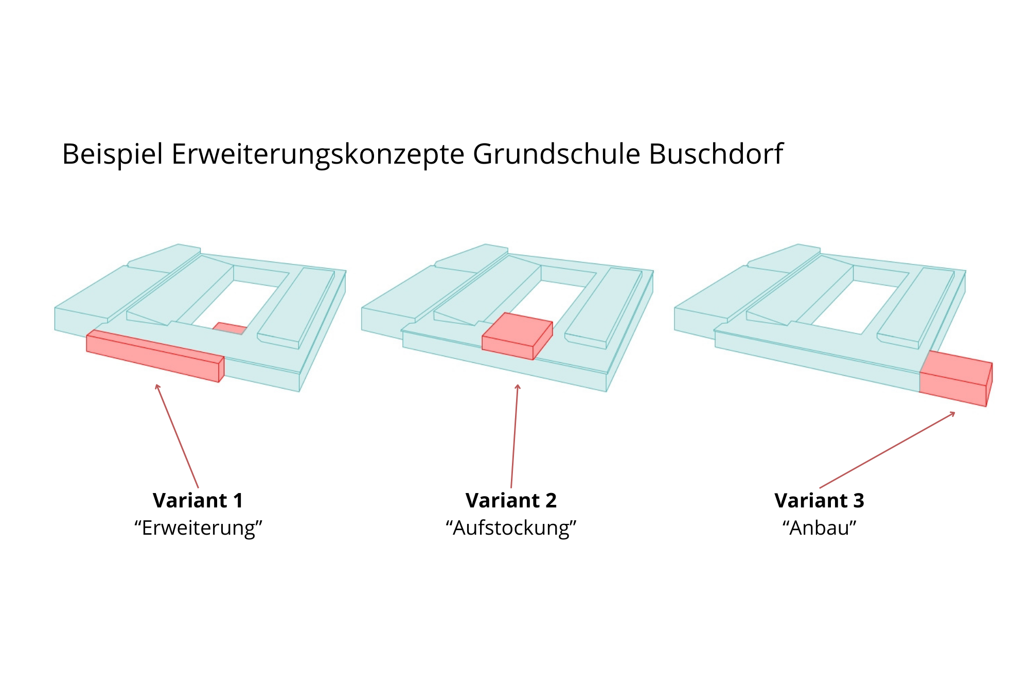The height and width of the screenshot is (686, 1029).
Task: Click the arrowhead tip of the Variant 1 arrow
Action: point(156,384)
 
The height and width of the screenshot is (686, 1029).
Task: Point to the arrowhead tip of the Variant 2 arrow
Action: point(518,384)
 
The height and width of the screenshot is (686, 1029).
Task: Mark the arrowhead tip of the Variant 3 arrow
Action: point(955,412)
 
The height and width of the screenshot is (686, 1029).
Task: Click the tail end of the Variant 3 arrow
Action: point(820,488)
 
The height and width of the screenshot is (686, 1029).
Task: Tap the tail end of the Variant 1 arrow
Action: point(198,488)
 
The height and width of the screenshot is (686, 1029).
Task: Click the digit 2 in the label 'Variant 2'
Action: point(551,501)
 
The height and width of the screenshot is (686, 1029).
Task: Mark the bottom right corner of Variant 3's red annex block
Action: point(986,407)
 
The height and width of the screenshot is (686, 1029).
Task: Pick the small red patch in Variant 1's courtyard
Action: point(230,328)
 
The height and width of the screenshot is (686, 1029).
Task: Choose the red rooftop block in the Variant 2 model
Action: point(517,336)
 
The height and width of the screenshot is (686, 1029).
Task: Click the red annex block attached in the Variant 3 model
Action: point(955,379)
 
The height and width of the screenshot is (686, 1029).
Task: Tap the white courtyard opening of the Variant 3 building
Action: point(859,307)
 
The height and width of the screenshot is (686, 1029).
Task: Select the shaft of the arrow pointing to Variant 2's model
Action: point(514,436)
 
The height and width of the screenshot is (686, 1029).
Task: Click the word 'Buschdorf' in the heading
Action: point(716,154)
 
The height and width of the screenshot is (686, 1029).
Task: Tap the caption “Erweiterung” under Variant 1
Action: point(199,529)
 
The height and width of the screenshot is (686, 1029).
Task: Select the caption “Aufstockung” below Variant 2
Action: point(511,529)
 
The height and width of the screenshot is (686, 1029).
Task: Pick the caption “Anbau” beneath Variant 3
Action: point(820,529)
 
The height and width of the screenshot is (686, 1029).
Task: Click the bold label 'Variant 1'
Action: point(198,501)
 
